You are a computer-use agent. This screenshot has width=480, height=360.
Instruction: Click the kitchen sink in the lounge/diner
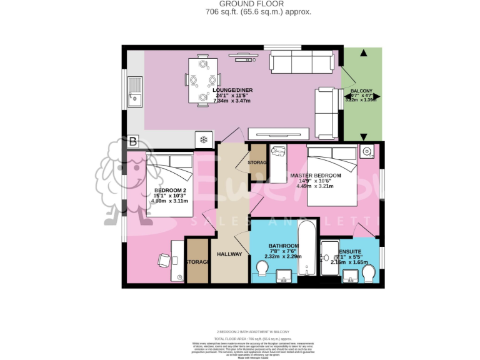coord(134,91)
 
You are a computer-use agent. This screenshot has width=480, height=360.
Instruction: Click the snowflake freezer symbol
coord(203,139)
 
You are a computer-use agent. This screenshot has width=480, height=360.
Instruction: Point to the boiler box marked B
coord(132,142)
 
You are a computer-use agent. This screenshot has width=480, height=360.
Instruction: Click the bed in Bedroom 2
coord(169,184)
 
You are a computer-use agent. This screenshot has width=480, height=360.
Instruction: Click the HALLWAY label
coord(229,254)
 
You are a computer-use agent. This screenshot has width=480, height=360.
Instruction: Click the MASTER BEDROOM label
coord(316,176)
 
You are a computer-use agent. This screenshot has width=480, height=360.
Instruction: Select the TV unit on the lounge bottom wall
coord(279,133)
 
